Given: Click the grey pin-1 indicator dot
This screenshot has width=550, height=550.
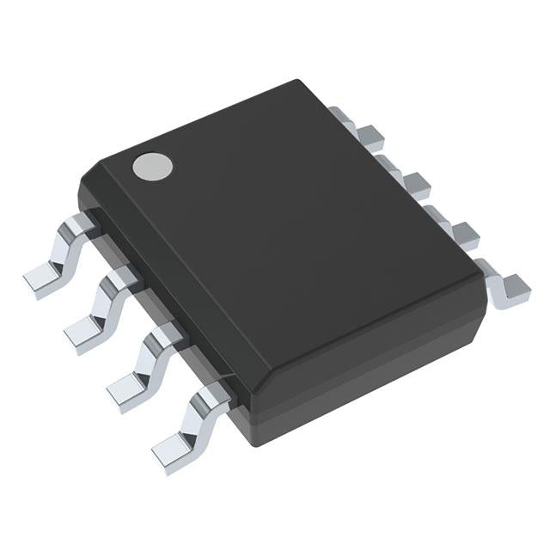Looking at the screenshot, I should click(150, 166).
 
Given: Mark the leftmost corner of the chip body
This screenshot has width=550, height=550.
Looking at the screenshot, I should click(80, 185).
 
